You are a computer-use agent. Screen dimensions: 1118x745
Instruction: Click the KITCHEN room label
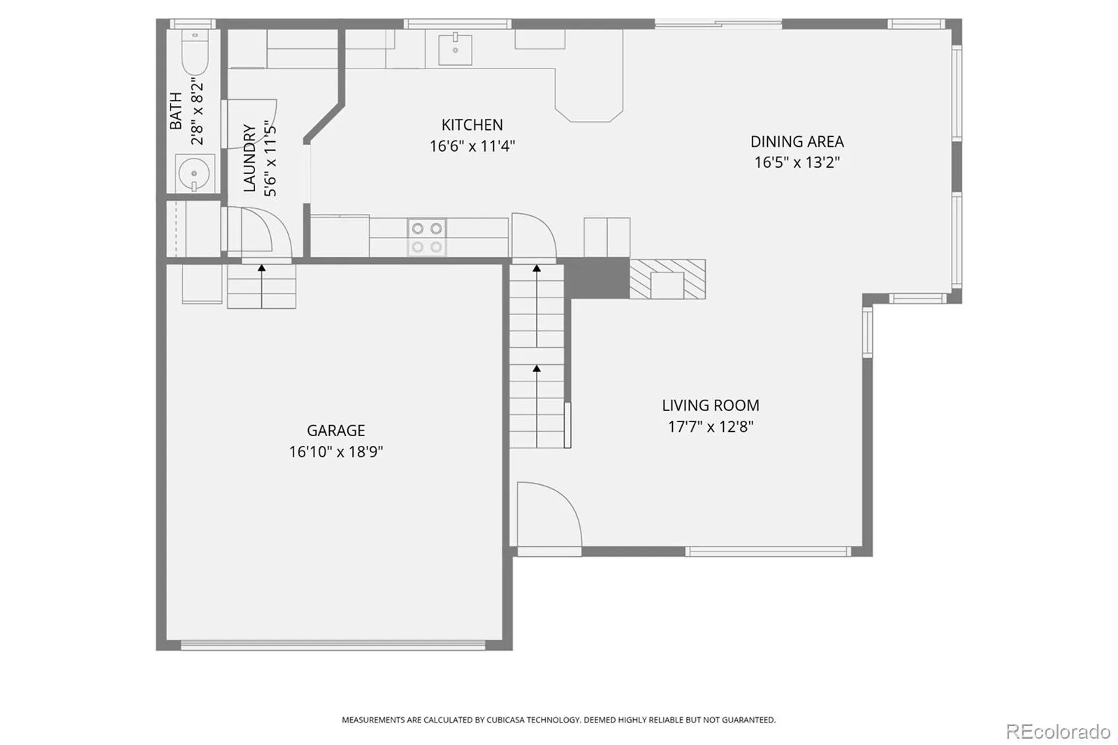coord(472,124)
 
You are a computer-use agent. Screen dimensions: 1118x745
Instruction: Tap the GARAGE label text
coord(336,430)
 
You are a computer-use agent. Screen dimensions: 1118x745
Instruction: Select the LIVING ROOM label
coord(710,405)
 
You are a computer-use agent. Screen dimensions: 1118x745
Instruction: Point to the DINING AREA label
coord(797,141)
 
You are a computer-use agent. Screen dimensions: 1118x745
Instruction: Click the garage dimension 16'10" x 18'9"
coord(336,451)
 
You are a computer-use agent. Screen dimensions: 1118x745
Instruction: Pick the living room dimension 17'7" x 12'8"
coord(710,426)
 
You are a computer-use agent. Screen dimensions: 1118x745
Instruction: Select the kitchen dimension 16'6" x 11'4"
coord(472,146)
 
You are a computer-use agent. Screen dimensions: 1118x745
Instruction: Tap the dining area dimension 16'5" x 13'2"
coord(797,162)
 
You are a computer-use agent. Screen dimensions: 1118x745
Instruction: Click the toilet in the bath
coord(195,52)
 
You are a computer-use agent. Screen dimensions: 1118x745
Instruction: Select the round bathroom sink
coord(194,173)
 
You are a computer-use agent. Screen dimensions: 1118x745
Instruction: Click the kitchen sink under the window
coord(455,49)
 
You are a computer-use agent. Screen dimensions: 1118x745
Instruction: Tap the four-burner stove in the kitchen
coord(427,237)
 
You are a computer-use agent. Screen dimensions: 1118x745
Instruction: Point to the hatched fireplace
coord(667,279)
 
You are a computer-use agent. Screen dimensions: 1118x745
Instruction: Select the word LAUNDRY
coord(249,158)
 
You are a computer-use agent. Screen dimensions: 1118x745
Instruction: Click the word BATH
coord(175,110)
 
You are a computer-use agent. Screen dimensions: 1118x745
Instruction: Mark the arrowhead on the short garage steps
coord(261,268)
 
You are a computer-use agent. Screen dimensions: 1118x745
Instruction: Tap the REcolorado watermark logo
coord(1058,732)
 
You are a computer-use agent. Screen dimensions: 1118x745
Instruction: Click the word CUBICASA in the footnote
coord(506,720)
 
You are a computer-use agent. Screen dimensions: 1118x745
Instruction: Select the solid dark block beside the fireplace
coord(597,278)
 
